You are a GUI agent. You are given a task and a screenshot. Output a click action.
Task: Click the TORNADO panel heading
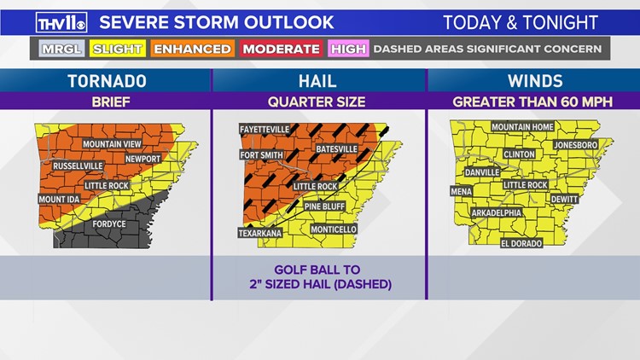[x=106, y=82]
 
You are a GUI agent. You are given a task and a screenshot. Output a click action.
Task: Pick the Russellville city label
[x=78, y=165]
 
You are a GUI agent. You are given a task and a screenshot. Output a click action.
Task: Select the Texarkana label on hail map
[x=259, y=233]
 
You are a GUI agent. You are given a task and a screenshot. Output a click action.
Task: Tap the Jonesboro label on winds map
[x=576, y=146]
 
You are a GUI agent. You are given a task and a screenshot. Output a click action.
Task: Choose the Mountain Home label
[x=522, y=127]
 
